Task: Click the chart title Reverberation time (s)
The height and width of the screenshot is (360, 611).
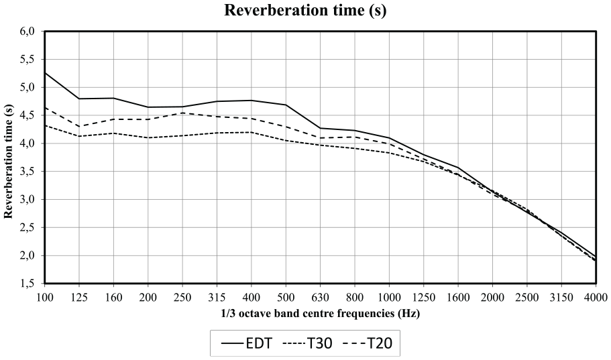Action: pyautogui.click(x=305, y=10)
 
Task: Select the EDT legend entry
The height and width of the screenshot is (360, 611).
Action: pyautogui.click(x=246, y=343)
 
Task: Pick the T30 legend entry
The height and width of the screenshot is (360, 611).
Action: pyautogui.click(x=308, y=343)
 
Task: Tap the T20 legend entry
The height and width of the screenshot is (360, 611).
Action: pyautogui.click(x=368, y=343)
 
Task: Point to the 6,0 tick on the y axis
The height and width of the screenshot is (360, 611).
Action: pyautogui.click(x=27, y=31)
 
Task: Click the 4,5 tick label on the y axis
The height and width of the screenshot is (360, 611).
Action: pyautogui.click(x=27, y=115)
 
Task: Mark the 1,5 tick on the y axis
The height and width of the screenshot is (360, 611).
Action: pyautogui.click(x=27, y=284)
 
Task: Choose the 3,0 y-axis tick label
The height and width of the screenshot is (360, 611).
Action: pyautogui.click(x=27, y=200)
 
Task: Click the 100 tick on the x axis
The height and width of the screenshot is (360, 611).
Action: pyautogui.click(x=45, y=298)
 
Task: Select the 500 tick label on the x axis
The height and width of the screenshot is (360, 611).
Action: pyautogui.click(x=286, y=298)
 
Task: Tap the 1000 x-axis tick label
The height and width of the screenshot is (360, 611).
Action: pyautogui.click(x=389, y=298)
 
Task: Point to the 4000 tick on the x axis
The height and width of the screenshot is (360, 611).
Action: pyautogui.click(x=596, y=298)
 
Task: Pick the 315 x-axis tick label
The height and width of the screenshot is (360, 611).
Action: pyautogui.click(x=217, y=298)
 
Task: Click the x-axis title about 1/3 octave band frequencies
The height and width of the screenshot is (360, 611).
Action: pyautogui.click(x=321, y=313)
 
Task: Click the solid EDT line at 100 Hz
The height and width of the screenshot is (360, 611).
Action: pyautogui.click(x=45, y=73)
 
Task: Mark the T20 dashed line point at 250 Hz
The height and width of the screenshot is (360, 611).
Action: pyautogui.click(x=182, y=113)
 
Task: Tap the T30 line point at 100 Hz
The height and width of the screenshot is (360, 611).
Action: pyautogui.click(x=45, y=125)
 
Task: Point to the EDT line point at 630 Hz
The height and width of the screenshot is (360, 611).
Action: pyautogui.click(x=321, y=128)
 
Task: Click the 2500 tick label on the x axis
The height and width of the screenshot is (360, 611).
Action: pyautogui.click(x=527, y=298)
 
